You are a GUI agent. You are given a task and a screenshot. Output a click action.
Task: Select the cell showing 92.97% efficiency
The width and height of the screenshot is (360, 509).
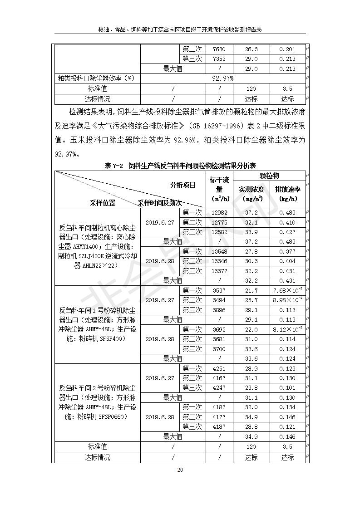222,78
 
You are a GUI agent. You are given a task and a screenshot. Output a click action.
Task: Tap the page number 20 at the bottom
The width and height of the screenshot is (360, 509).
180,470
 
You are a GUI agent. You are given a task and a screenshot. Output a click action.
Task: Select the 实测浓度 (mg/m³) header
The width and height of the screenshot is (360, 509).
252,194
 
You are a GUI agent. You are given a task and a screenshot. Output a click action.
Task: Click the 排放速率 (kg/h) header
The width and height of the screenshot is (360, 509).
287,194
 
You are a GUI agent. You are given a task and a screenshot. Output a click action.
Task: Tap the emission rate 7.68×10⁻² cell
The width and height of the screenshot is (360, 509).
288,290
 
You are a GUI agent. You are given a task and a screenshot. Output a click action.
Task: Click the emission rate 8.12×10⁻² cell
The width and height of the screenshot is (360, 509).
288,329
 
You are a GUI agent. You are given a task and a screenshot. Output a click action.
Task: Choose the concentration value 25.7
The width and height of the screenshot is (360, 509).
252,300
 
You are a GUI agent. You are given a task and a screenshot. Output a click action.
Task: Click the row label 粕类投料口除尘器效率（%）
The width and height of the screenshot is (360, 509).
97,78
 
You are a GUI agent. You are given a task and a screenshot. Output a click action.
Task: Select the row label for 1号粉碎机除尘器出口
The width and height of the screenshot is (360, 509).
98,324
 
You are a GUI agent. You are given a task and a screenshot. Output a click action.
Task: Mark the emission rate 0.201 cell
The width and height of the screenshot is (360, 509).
287,49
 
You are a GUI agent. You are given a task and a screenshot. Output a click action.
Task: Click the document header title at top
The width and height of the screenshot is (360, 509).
180,29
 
